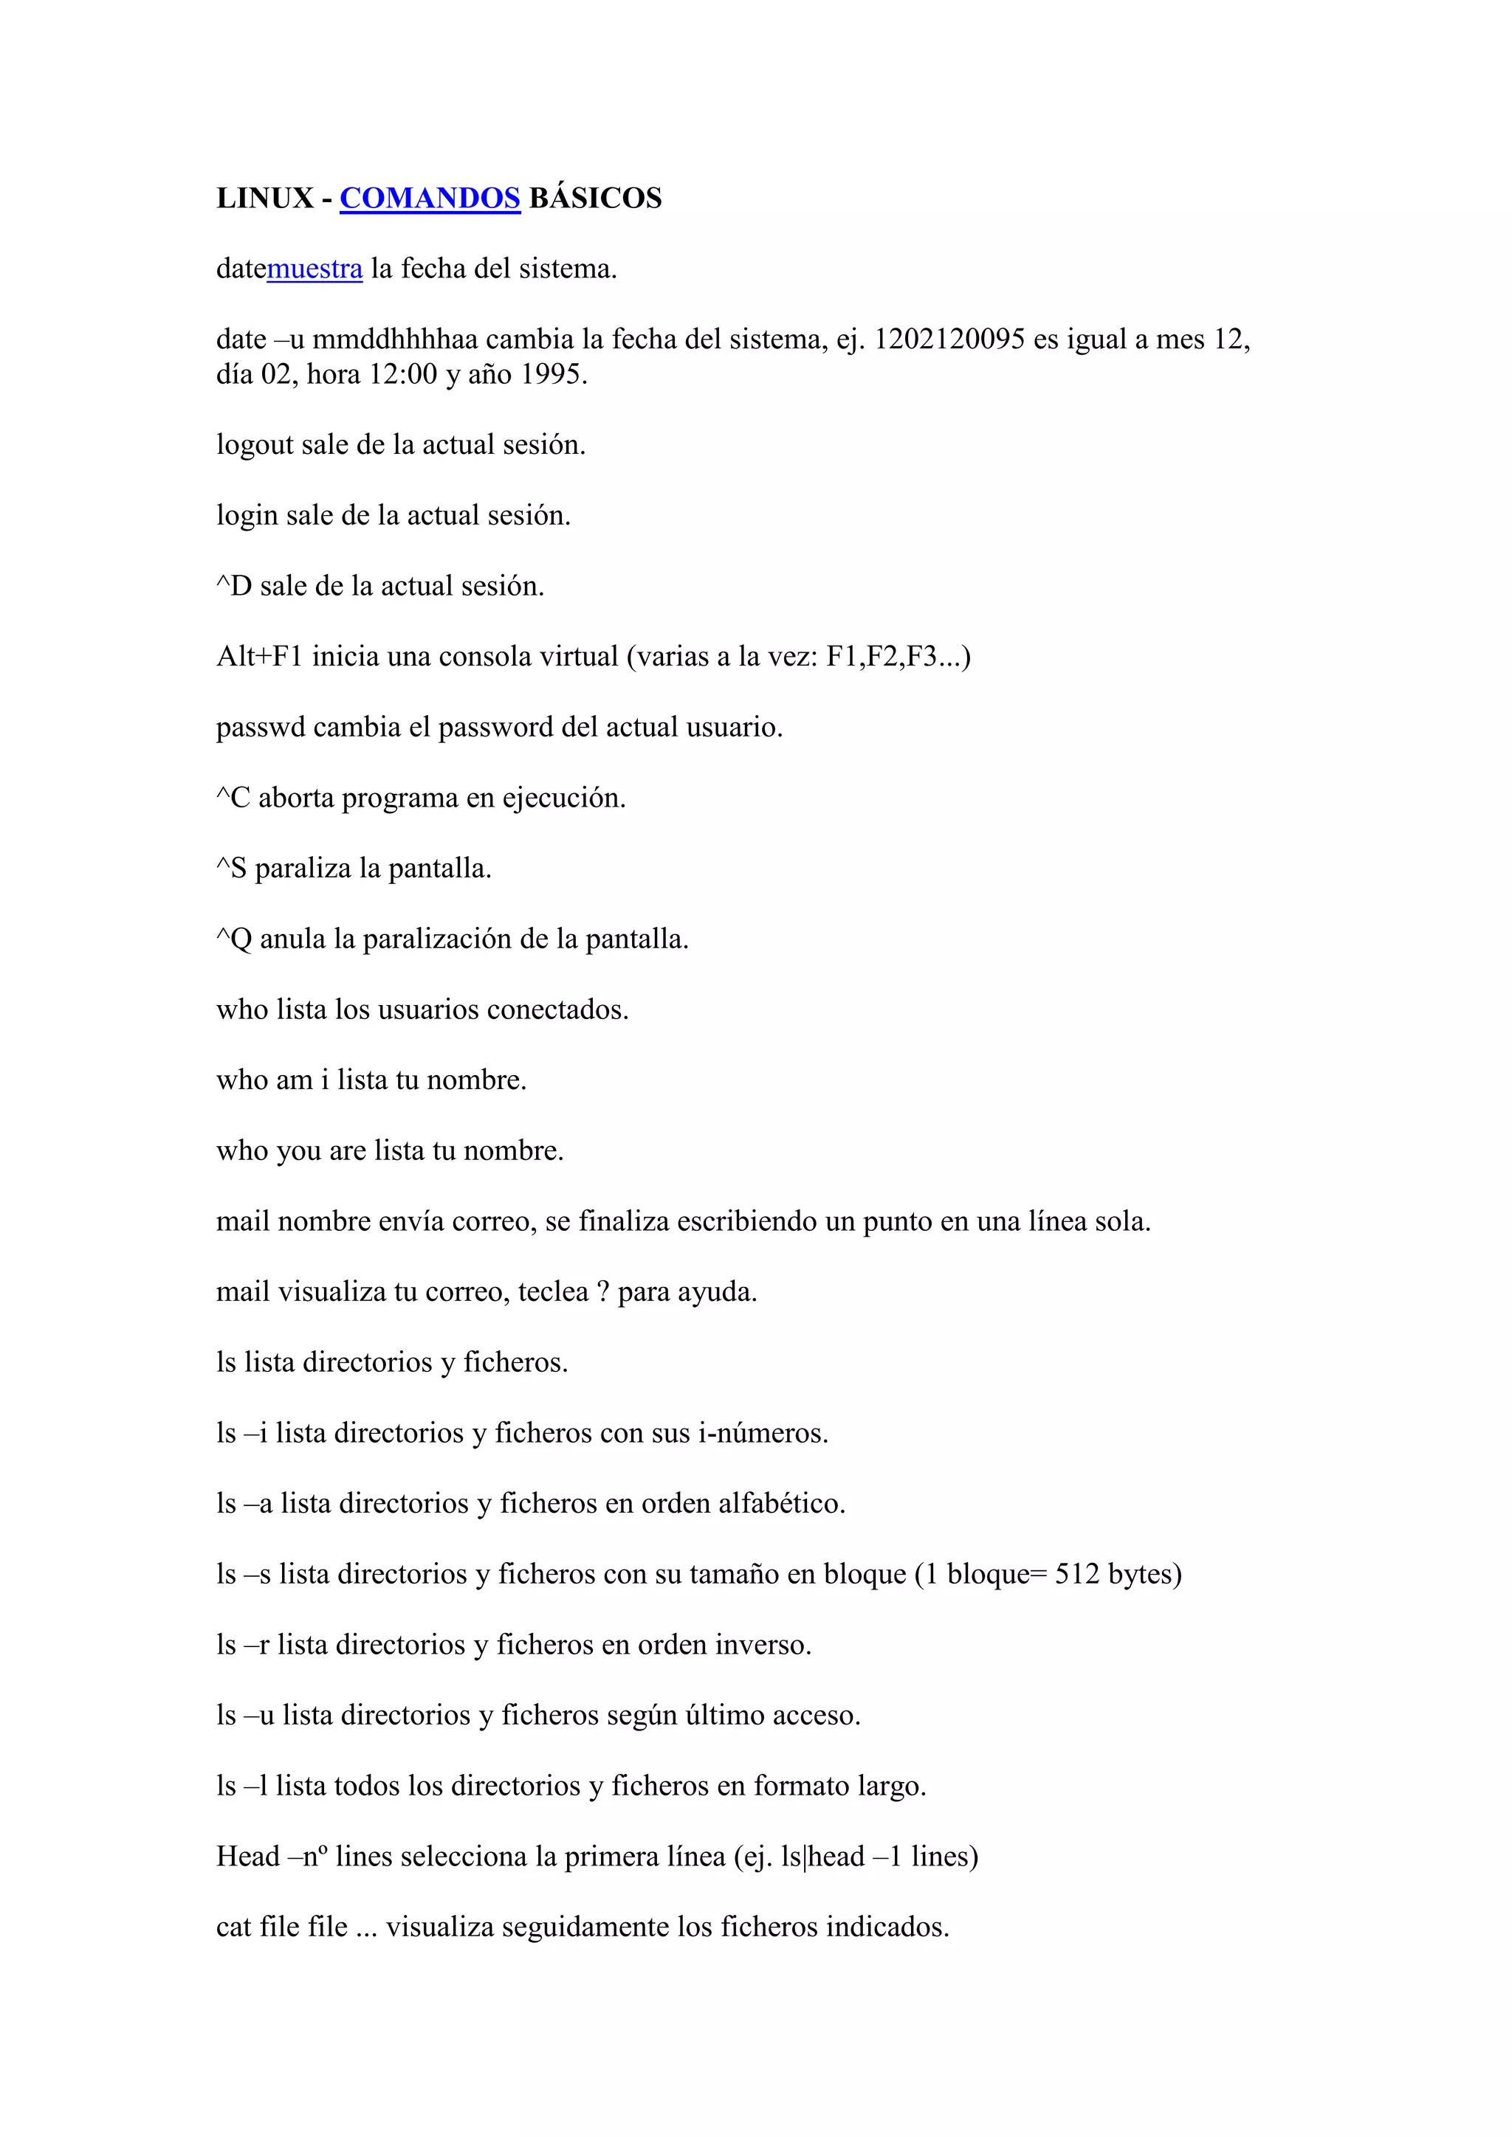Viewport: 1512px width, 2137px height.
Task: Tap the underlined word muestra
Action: [315, 269]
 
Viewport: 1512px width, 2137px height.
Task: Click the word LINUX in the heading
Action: [265, 198]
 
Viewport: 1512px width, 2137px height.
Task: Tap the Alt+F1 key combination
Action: [260, 657]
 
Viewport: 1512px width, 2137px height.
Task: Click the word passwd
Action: [261, 727]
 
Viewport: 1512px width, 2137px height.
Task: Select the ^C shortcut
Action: [234, 798]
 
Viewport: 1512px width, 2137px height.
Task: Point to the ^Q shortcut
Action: [235, 939]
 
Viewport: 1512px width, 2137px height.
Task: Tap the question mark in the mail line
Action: [603, 1292]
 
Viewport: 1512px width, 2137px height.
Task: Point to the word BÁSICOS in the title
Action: [596, 198]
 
